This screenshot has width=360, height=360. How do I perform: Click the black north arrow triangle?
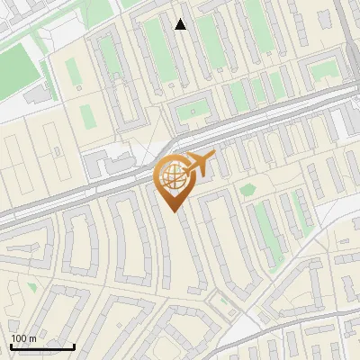tap(181, 24)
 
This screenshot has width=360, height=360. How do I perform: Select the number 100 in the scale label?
tap(19, 338)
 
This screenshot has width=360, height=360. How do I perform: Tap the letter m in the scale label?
tap(33, 338)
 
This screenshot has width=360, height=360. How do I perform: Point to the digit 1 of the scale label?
tap(13, 338)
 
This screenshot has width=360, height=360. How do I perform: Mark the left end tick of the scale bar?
tap(11, 345)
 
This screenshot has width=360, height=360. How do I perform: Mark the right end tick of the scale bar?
tap(74, 345)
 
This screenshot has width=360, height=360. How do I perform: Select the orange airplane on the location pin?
tap(200, 163)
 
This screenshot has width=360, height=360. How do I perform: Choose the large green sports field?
tap(22, 63)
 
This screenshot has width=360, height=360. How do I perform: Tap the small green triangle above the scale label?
tap(32, 287)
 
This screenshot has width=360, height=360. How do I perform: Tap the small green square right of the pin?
tap(247, 190)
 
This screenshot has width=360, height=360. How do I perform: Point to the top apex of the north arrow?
tap(181, 19)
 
